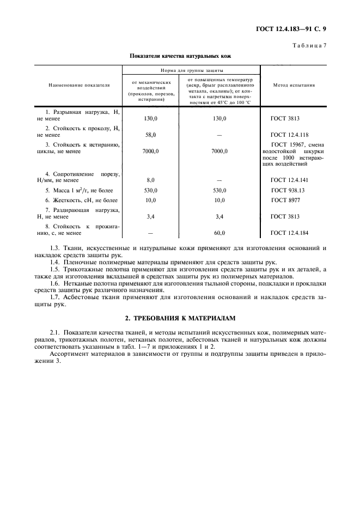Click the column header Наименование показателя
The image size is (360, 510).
79,85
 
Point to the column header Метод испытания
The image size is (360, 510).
292,85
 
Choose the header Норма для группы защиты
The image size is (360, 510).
191,71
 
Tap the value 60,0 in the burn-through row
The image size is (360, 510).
220,233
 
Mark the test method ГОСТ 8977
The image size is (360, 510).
285,201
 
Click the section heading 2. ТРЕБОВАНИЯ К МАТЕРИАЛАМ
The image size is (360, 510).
180,317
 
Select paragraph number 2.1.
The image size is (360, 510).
54,332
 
